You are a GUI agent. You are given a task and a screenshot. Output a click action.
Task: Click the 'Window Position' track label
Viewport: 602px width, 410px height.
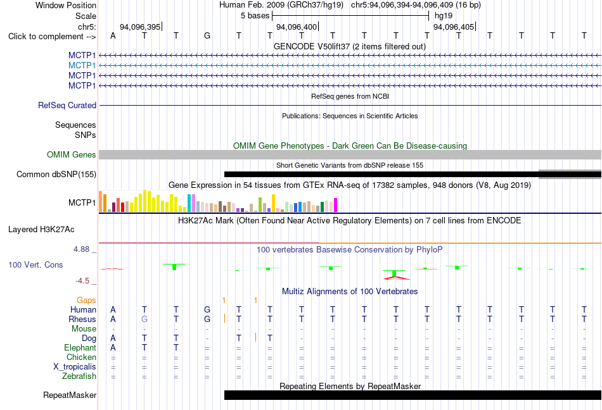pyautogui.click(x=66, y=5)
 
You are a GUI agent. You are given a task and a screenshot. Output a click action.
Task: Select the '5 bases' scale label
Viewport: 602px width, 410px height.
pyautogui.click(x=255, y=16)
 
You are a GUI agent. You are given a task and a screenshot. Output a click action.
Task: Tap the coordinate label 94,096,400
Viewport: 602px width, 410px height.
pyautogui.click(x=297, y=27)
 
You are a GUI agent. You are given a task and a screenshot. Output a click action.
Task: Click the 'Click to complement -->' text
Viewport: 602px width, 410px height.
pyautogui.click(x=52, y=37)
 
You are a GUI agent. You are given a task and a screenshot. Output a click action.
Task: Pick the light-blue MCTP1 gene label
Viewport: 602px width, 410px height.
pyautogui.click(x=82, y=66)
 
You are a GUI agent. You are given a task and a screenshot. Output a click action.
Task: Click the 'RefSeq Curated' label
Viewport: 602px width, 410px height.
pyautogui.click(x=67, y=106)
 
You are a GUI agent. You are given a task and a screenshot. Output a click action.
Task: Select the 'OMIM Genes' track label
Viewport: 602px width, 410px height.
pyautogui.click(x=72, y=155)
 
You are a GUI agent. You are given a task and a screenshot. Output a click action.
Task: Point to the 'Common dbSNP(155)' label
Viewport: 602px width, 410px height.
pyautogui.click(x=56, y=175)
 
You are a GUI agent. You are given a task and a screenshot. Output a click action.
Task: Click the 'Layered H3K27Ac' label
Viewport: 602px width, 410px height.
pyautogui.click(x=41, y=230)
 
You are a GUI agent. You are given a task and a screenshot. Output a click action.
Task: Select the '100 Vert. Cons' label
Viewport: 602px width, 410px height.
pyautogui.click(x=35, y=264)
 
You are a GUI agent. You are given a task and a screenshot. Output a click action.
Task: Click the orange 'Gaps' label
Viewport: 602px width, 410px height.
pyautogui.click(x=86, y=301)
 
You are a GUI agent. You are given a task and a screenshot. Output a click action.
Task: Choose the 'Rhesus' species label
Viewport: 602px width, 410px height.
pyautogui.click(x=82, y=319)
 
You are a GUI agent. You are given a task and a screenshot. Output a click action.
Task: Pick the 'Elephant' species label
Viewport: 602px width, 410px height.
pyautogui.click(x=80, y=347)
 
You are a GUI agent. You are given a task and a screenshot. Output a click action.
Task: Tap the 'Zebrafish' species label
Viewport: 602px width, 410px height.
pyautogui.click(x=79, y=376)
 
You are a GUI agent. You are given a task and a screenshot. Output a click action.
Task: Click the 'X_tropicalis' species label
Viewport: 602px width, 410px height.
pyautogui.click(x=75, y=367)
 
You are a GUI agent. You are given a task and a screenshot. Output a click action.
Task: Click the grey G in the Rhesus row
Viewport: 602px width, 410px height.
pyautogui.click(x=144, y=319)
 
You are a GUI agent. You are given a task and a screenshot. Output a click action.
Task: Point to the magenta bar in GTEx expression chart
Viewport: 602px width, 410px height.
pyautogui.click(x=335, y=205)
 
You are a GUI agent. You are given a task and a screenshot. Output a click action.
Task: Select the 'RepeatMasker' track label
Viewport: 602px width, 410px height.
pyautogui.click(x=70, y=395)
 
